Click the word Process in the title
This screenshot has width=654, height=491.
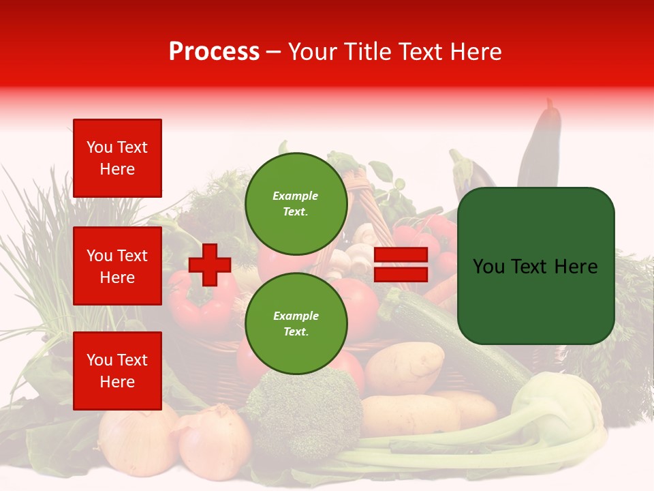point(214,52)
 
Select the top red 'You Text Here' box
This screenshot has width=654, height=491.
point(117,158)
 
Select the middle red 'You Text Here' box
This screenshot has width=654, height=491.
point(117,266)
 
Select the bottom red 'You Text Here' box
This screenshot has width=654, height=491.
point(117,370)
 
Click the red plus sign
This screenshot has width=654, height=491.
point(210,265)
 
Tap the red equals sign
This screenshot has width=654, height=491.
point(401,265)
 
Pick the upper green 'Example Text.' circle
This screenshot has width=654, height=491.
point(296,203)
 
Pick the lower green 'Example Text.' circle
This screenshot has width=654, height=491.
point(296,323)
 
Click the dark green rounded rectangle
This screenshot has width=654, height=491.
point(535,266)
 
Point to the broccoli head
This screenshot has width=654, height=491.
point(307,409)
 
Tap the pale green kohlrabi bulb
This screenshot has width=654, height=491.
point(559,402)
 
